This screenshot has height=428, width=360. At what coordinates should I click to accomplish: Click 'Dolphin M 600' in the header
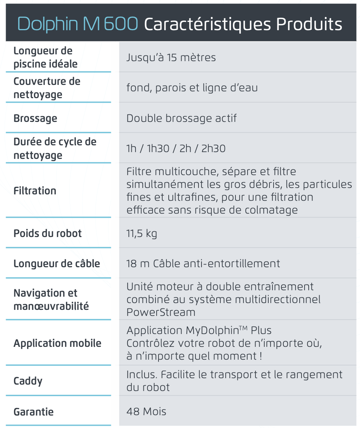coord(77,24)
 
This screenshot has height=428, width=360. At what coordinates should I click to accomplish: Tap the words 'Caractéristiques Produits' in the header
coord(243,25)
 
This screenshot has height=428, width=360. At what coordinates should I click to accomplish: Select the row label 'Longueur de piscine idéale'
coord(45,57)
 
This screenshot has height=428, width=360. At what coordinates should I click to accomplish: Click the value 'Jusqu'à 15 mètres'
coord(171,57)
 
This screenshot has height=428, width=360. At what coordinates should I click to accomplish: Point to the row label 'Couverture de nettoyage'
coord(47,88)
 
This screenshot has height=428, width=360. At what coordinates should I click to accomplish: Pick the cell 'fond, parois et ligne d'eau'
coord(192,88)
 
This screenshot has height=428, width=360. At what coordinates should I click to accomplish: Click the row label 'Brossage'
coord(35,118)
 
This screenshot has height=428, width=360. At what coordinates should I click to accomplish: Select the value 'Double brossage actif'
coord(182,118)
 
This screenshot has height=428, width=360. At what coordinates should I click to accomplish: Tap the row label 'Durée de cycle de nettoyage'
coord(55,148)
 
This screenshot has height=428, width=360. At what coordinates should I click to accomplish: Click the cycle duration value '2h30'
coord(214,149)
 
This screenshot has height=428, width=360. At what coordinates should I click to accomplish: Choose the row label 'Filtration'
coord(35,191)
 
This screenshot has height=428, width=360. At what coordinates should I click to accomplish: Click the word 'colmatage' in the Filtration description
coord(274,210)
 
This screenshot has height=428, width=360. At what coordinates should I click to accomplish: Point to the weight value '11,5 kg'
coord(142,233)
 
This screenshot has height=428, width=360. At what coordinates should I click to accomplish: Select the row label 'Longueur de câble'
coord(57,263)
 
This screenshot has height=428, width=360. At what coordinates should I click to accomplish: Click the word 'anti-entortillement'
coord(232,263)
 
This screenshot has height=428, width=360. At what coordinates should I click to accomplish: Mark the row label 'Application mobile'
coord(57,343)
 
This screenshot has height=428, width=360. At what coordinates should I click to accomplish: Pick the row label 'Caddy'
coord(28,381)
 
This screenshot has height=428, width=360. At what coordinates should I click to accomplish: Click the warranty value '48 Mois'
coord(146,411)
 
